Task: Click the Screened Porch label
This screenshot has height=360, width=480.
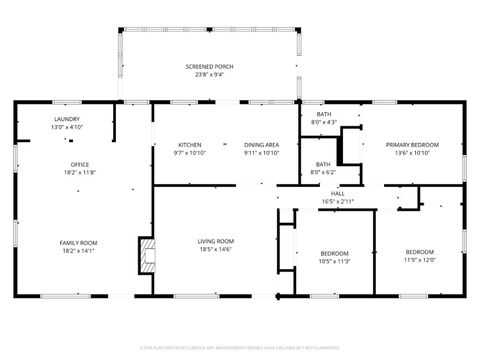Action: coord(209,66)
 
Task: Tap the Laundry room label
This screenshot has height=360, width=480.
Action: coord(67,119)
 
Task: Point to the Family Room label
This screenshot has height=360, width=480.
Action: coord(80,242)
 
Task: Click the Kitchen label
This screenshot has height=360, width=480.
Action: coord(190,145)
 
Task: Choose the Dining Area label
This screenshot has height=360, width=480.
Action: coord(261,145)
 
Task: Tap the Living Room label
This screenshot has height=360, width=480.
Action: coord(215,241)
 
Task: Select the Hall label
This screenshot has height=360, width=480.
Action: coord(338,193)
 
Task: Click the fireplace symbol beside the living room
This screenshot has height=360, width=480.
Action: coord(147,256)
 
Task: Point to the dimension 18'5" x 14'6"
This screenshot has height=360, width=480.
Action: coord(215,249)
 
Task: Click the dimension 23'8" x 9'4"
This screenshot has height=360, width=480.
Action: coord(209,74)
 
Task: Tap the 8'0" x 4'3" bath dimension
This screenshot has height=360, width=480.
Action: coord(324,122)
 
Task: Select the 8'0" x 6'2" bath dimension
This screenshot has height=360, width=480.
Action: coord(324,172)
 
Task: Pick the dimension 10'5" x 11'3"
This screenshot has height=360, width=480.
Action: coord(334,260)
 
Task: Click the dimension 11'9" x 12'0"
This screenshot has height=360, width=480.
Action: coord(420,260)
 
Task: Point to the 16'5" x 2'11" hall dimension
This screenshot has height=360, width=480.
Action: coord(338,201)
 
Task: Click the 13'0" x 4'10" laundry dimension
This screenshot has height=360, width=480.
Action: coord(67,127)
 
